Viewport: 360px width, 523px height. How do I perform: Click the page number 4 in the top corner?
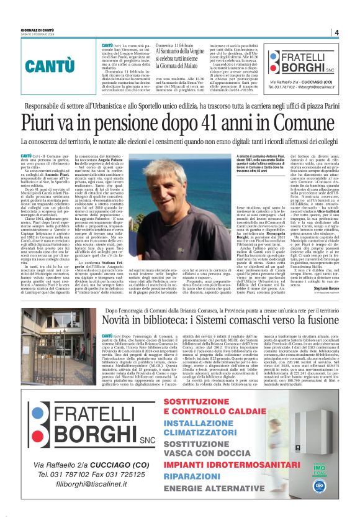[x=336, y=32]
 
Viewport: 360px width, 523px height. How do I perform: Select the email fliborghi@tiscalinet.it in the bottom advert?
[x=88, y=502]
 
